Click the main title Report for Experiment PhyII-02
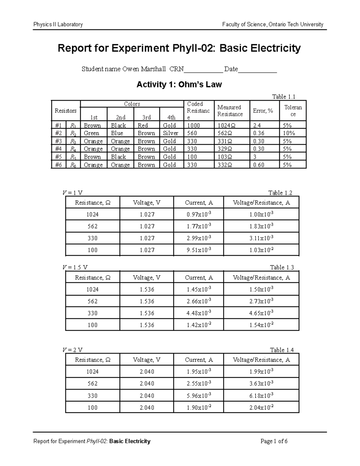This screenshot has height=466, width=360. click(179, 48)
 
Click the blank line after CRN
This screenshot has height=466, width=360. click(203, 70)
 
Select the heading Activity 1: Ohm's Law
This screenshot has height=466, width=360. click(179, 85)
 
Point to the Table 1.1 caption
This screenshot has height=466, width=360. click(283, 97)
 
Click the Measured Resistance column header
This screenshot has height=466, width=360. click(230, 111)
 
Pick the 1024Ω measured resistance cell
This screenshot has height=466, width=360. click(224, 125)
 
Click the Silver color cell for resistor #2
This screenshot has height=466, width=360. click(170, 133)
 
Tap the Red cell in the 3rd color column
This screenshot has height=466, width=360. click(143, 125)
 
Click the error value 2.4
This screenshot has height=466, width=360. click(257, 125)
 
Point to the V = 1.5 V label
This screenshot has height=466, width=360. click(75, 267)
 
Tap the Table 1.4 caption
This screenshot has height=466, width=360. click(282, 350)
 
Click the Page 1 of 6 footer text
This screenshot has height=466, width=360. click(274, 441)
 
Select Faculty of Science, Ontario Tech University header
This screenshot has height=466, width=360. click(272, 25)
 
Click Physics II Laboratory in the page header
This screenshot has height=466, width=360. click(58, 25)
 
